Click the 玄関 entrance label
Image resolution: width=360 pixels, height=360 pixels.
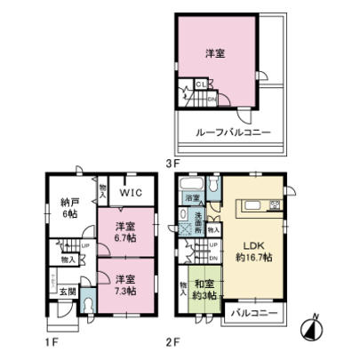[x=68, y=292]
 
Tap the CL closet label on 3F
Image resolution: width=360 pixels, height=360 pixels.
[x=201, y=84]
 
